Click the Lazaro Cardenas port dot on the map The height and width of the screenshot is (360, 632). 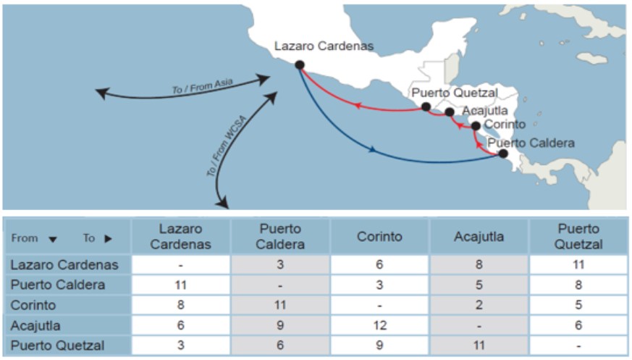(300, 64)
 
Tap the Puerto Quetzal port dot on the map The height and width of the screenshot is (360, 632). (426, 106)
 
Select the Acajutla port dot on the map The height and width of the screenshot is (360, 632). (450, 112)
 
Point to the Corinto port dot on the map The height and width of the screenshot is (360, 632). (476, 126)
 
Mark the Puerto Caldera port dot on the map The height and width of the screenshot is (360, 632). (503, 154)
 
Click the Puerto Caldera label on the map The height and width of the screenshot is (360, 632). (531, 143)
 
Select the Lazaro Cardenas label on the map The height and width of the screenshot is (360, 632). (324, 46)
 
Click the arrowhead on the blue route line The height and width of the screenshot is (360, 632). (372, 151)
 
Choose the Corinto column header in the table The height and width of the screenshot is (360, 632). (380, 237)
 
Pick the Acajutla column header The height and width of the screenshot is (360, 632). (479, 237)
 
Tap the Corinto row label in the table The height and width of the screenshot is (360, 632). (33, 305)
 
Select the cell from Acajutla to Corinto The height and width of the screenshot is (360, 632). (380, 325)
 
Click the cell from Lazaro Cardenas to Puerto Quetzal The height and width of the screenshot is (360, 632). (578, 264)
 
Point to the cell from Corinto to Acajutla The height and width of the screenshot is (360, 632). (479, 305)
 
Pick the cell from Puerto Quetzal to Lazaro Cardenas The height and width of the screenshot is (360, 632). (181, 346)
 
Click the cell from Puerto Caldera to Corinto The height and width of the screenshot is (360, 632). (380, 285)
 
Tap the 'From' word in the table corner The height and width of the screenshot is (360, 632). (25, 238)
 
